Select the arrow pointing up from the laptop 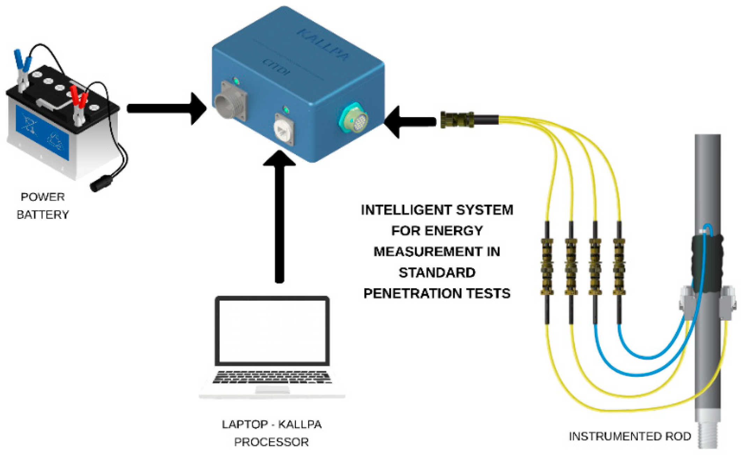279,216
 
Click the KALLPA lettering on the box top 323,44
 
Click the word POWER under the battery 43,197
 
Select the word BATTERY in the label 43,214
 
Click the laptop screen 272,331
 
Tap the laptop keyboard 272,377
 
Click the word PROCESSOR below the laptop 271,442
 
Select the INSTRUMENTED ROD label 630,436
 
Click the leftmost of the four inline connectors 547,267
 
